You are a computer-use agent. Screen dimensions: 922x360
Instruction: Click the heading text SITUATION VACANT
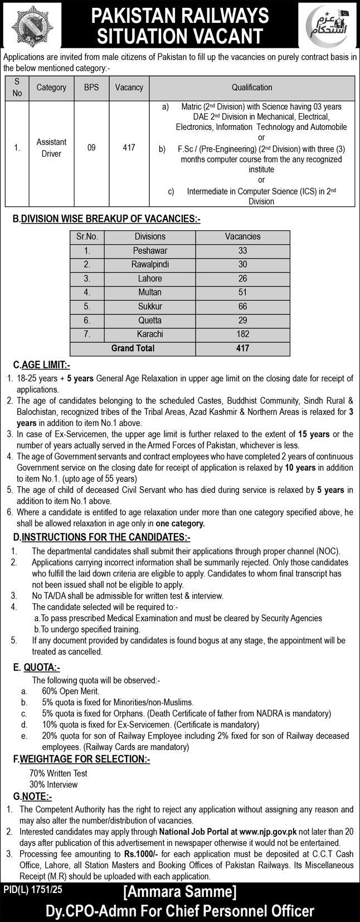click(179, 36)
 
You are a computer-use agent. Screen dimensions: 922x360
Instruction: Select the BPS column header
click(91, 88)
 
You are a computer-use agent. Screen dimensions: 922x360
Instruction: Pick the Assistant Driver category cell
click(51, 148)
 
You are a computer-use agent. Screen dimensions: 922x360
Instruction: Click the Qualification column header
click(252, 88)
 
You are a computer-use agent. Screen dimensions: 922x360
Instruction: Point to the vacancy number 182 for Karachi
click(242, 334)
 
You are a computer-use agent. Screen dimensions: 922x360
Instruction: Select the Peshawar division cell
click(150, 250)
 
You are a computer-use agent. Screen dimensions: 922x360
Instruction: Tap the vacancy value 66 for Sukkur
click(242, 306)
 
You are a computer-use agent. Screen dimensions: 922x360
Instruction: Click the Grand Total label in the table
click(133, 348)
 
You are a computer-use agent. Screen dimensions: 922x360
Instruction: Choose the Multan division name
click(150, 292)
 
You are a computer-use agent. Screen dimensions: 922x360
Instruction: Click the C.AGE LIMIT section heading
click(42, 365)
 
